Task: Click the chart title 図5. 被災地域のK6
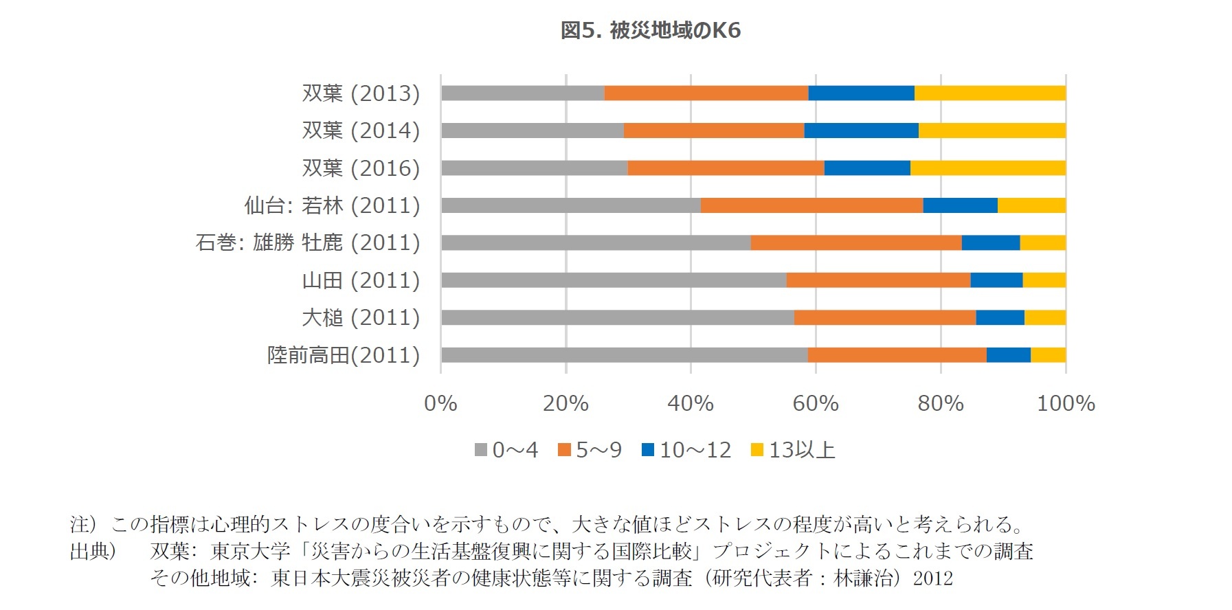[650, 31]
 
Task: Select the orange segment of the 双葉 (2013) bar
[706, 93]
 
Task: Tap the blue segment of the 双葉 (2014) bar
[861, 131]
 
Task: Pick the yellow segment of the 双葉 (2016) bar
[987, 168]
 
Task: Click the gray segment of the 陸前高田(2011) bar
[624, 355]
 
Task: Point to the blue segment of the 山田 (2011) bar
[996, 280]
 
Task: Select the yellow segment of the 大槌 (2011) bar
[1044, 317]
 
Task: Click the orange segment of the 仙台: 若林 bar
[811, 205]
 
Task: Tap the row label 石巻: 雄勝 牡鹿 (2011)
[308, 243]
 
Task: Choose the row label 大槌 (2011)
[361, 318]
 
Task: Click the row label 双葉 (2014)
[361, 131]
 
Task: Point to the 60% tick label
[816, 404]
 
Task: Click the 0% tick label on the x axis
[440, 404]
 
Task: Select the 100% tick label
[1065, 404]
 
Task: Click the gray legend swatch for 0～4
[481, 451]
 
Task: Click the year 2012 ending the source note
[932, 578]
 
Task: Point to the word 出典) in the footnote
[93, 552]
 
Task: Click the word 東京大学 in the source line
[251, 552]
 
